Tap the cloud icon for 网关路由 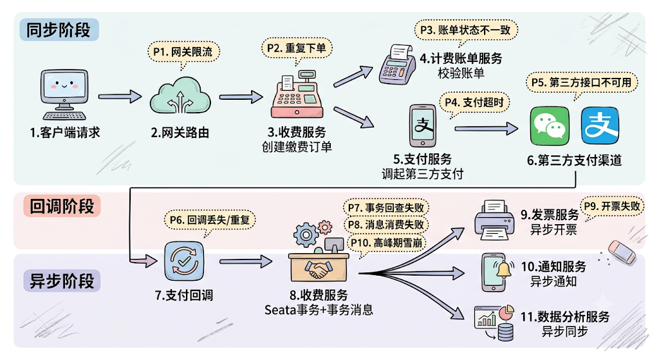180,95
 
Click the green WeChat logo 550,126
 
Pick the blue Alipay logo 600,126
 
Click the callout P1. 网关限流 183,53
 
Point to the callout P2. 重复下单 297,48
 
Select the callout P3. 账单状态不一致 466,30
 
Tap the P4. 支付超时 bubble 474,102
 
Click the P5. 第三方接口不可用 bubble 582,83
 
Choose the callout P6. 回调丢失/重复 209,220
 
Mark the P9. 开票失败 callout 611,207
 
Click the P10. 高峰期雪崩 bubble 387,243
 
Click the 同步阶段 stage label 59,30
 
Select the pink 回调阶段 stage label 62,206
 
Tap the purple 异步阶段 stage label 62,281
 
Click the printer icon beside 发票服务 494,220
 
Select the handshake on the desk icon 319,270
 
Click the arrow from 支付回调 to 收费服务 246,261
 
